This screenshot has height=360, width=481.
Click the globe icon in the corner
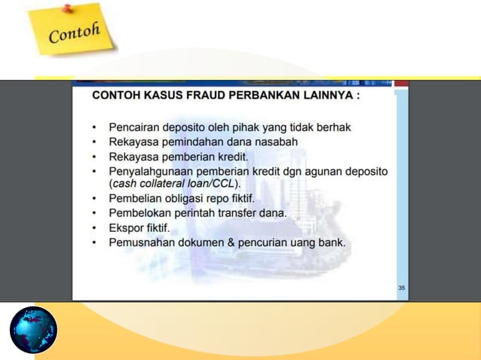33,329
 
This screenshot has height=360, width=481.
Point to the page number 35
401,288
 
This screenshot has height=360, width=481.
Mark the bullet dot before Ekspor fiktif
94,227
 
